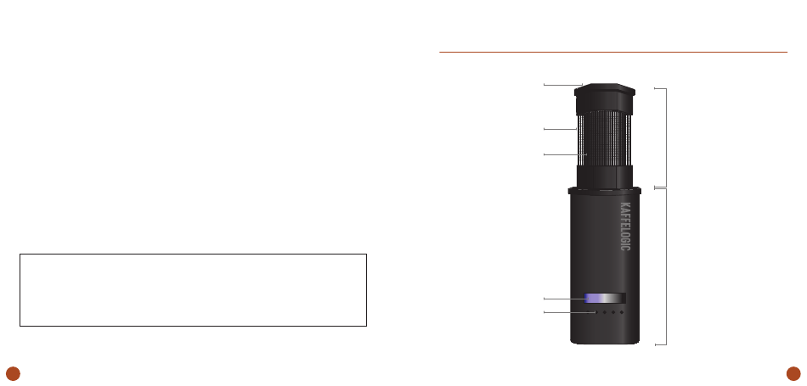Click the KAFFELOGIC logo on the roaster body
click(625, 227)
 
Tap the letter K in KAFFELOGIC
click(625, 205)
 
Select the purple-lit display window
click(605, 298)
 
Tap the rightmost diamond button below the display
click(622, 312)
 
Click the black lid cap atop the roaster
click(605, 98)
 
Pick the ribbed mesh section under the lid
click(604, 139)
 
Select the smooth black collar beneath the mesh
click(604, 176)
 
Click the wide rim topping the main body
click(604, 191)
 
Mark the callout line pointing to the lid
click(563, 85)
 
